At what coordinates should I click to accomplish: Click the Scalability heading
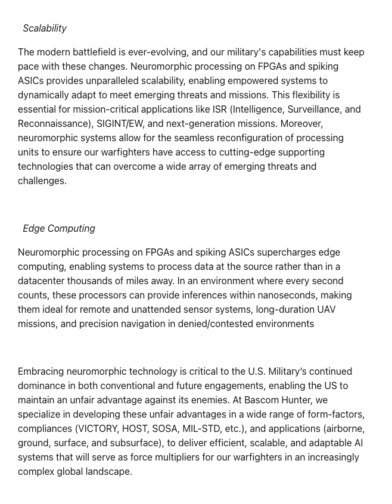click(x=45, y=29)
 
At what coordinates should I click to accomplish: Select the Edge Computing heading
click(x=59, y=229)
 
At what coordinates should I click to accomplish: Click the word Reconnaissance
click(x=51, y=124)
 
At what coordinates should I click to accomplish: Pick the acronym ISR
click(x=219, y=110)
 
